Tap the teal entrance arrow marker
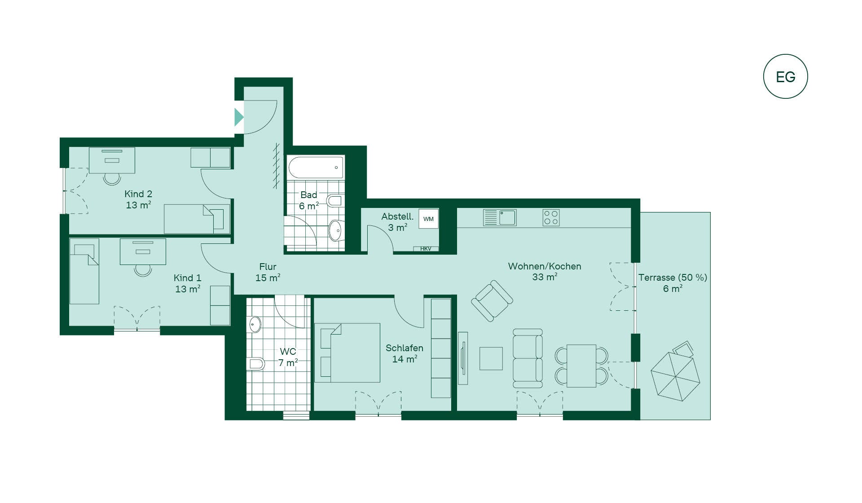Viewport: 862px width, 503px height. coord(239,117)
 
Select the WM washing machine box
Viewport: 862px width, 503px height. coord(428,219)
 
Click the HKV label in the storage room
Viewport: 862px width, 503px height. coord(426,249)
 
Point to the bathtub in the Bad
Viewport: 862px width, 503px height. coord(316,168)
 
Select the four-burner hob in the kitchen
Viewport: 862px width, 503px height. coord(551,218)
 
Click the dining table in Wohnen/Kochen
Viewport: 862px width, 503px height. coord(581,366)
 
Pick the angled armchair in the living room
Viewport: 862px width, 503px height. coord(492,301)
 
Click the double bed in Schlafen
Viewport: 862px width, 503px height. coord(347,353)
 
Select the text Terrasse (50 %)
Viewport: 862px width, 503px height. coord(673,278)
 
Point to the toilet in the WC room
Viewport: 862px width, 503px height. coord(255,363)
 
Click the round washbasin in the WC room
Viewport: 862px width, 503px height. coord(255,324)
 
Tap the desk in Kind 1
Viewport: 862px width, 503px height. coord(143,251)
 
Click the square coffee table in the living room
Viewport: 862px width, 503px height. coord(491,358)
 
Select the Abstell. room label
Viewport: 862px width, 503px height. coord(397,216)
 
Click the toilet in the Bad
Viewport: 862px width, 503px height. coord(335,200)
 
